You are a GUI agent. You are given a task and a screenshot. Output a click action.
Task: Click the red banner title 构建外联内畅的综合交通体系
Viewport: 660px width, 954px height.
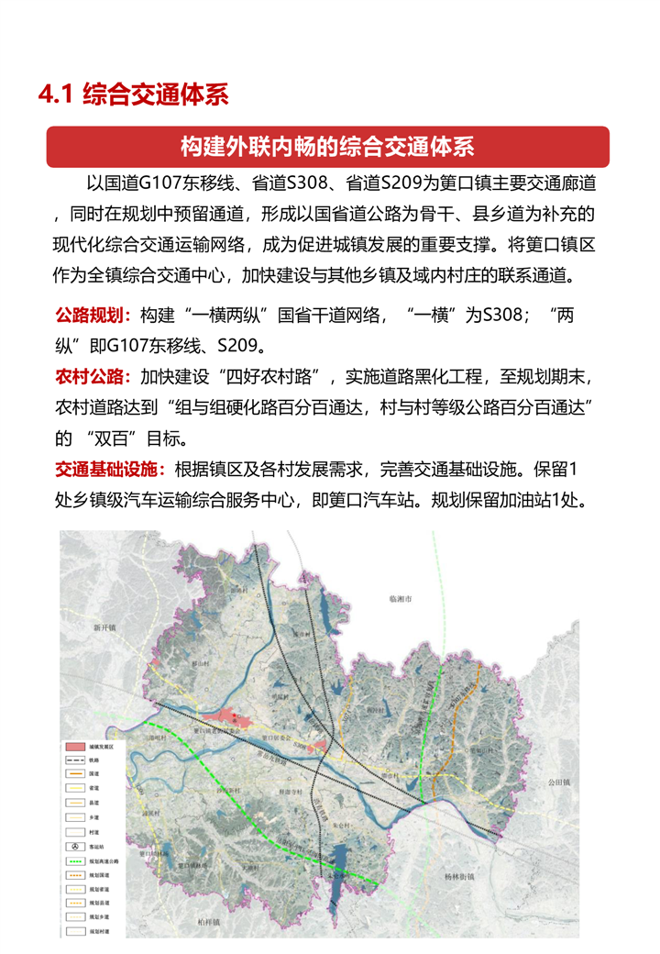tap(327, 147)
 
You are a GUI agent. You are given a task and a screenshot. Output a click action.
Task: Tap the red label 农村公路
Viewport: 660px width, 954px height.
tap(93, 376)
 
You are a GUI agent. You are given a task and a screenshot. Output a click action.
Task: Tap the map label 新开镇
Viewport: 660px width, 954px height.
tap(105, 628)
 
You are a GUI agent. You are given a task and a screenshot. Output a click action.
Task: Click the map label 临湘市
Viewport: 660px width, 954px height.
tap(401, 597)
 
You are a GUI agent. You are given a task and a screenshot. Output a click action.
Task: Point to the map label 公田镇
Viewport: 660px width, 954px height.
tap(559, 782)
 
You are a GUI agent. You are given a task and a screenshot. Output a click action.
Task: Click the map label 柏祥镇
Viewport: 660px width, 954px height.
tap(211, 920)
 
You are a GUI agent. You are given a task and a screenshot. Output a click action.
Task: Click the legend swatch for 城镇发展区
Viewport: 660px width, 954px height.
tap(75, 748)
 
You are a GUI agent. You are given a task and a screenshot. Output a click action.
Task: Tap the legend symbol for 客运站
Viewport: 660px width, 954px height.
tap(75, 845)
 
